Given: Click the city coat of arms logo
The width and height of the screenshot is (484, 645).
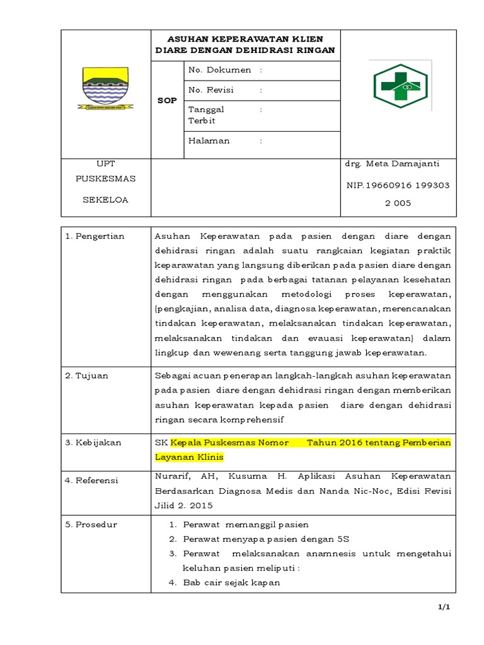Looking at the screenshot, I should tap(105, 88).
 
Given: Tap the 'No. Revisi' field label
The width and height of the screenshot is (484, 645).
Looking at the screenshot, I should tap(210, 90).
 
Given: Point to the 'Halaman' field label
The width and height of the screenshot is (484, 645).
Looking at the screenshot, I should tap(209, 140).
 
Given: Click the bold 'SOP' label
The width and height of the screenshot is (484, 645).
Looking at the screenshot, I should tap(167, 100).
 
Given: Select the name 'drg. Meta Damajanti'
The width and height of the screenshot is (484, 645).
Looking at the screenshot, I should tap(391, 164).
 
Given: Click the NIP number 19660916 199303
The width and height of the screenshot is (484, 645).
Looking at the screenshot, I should tap(396, 186).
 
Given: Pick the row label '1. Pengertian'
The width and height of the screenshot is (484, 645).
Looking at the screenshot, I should tap(95, 236).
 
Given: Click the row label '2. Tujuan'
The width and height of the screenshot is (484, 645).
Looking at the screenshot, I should tap(87, 375).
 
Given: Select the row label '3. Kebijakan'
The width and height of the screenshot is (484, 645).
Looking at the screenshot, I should tap(93, 443).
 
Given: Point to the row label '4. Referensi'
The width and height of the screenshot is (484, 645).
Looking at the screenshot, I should tap(92, 481).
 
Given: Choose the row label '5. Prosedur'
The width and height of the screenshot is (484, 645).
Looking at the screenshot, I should tap(91, 524).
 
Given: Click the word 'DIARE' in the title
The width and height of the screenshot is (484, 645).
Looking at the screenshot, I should tap(172, 50).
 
